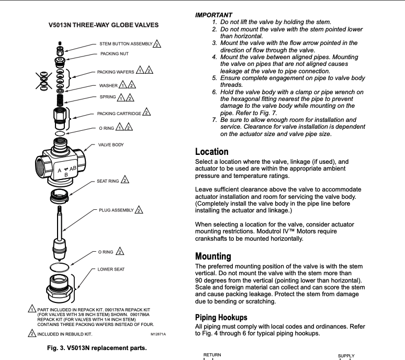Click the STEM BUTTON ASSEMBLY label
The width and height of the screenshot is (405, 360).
126,43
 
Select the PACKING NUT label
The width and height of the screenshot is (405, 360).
114,54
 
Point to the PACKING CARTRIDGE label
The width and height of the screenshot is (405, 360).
119,113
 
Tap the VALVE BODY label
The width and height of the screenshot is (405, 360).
111,144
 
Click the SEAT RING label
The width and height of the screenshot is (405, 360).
108,181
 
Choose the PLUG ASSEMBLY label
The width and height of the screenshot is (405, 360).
116,210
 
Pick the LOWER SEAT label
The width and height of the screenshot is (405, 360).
111,269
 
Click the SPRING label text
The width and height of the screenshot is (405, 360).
107,97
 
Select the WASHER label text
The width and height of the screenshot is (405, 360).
108,85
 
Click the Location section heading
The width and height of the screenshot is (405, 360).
212,152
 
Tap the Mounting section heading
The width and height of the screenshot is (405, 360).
213,256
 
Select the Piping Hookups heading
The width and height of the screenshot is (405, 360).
221,318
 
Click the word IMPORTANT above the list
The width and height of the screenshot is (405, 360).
213,15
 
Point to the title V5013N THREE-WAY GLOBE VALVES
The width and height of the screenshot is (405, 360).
104,25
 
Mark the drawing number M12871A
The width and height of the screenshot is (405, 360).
158,334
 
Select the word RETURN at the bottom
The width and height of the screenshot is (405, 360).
212,355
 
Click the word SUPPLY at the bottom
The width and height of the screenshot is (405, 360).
346,356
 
